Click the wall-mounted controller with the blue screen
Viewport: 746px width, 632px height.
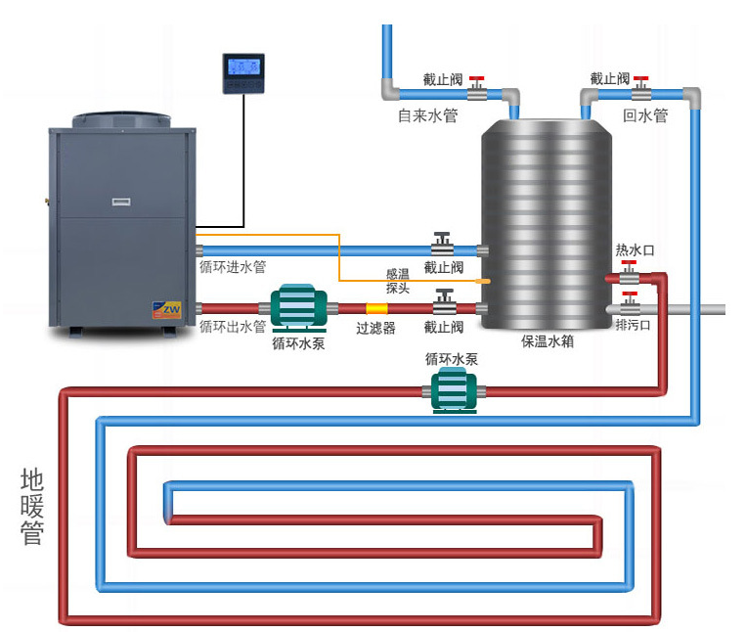coord(242,73)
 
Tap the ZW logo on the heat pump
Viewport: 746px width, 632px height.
coord(168,309)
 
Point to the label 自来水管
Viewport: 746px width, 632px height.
coord(427,115)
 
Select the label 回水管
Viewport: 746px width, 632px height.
coord(645,115)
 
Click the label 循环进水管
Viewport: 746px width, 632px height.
coord(233,266)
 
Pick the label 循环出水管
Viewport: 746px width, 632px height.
coord(233,326)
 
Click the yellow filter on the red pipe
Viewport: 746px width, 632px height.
coord(376,308)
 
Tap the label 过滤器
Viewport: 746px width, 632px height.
coord(375,329)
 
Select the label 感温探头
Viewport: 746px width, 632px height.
coord(398,281)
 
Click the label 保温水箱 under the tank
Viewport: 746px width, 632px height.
coord(547,342)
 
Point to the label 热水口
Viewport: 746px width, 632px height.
coord(635,251)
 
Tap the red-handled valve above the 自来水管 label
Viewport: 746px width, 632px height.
coord(477,89)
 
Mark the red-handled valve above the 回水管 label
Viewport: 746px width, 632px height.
coord(640,89)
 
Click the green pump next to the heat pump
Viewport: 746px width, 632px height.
coord(303,307)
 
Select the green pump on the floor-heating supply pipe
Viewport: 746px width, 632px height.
coord(453,391)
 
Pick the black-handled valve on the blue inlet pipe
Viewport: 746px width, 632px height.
coord(443,245)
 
